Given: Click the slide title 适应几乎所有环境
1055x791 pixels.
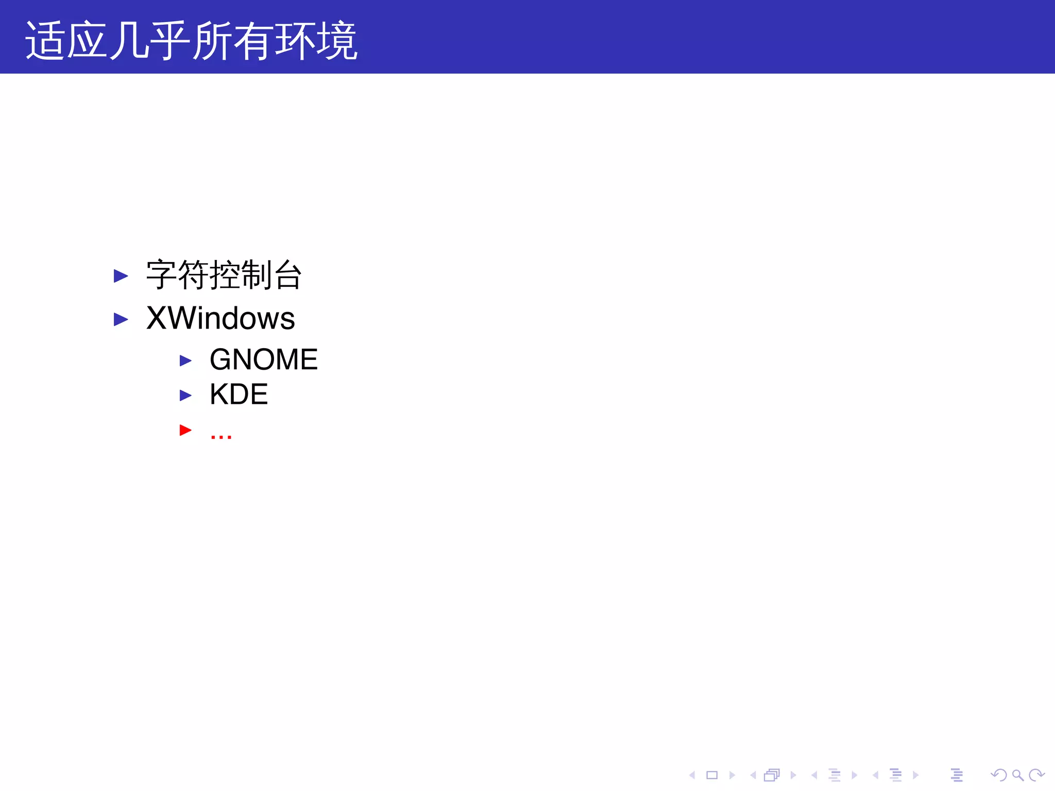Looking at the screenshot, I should click(191, 40).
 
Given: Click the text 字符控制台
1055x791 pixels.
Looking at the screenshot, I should click(224, 275).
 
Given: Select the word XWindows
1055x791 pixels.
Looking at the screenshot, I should click(220, 318).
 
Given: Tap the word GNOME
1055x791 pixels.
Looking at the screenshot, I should click(264, 359).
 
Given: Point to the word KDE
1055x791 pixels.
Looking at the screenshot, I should click(239, 394).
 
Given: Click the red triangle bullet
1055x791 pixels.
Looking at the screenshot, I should click(185, 430).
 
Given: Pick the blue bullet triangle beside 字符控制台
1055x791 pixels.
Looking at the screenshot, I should click(121, 276).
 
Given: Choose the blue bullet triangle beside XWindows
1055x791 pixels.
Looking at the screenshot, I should click(121, 319).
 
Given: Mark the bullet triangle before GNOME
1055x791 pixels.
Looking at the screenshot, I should click(185, 360).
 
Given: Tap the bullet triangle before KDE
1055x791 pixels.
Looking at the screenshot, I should click(185, 395).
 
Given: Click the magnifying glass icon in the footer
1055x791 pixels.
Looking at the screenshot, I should click(1017, 775).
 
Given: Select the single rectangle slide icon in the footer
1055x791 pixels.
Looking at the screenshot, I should click(712, 775).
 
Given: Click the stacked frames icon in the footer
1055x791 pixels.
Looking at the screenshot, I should click(772, 775).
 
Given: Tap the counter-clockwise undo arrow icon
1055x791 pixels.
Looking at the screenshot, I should click(998, 775).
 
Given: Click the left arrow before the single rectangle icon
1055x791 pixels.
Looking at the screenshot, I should click(692, 775).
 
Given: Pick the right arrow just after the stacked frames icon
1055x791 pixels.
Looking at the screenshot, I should click(793, 775).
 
